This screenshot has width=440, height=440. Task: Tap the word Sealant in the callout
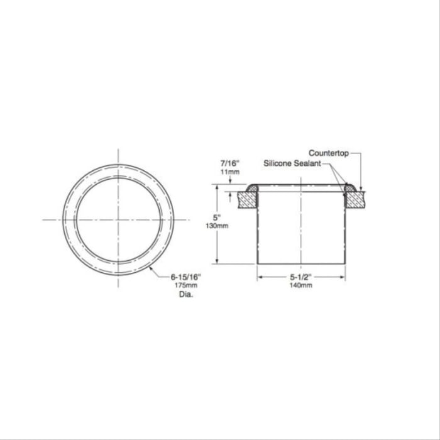click(x=308, y=163)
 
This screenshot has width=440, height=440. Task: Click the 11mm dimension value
click(x=221, y=171)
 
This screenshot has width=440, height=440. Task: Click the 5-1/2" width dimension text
click(x=301, y=277)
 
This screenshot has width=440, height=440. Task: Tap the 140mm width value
click(x=301, y=285)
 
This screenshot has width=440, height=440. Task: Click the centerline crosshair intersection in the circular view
click(x=118, y=219)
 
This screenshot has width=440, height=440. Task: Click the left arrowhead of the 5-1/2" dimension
click(x=258, y=277)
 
